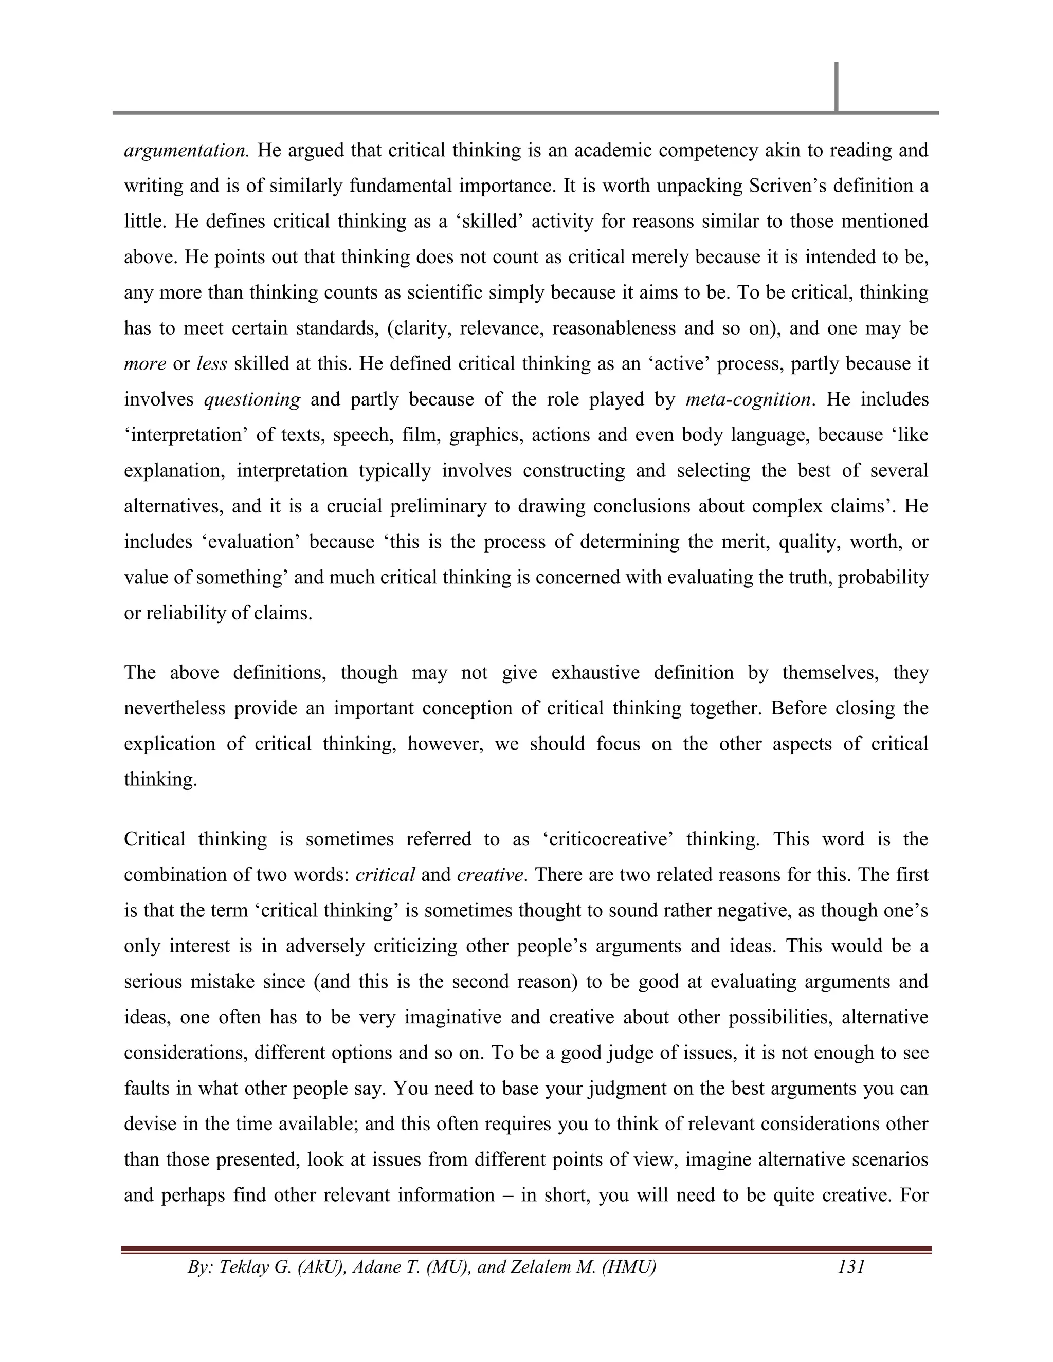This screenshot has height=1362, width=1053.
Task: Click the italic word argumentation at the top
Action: pos(187,150)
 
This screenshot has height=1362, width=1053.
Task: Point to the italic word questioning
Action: pos(252,399)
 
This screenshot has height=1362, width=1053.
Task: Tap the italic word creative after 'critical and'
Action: pos(489,874)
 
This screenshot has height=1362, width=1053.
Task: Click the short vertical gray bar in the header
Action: pos(836,86)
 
